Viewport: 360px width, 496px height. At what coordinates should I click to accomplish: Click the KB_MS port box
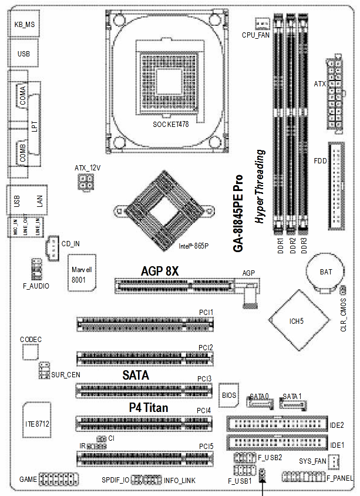(24, 25)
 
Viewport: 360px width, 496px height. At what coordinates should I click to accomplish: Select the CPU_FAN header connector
(262, 23)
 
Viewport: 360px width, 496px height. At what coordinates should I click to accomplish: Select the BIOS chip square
(229, 397)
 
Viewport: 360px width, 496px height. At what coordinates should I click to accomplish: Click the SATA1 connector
(292, 404)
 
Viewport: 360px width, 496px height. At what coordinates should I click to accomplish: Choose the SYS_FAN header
(334, 461)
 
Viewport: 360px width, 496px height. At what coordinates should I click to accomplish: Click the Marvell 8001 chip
(82, 273)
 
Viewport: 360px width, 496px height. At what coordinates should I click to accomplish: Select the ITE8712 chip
(37, 423)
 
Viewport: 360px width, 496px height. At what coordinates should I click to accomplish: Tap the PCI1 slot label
(205, 312)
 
